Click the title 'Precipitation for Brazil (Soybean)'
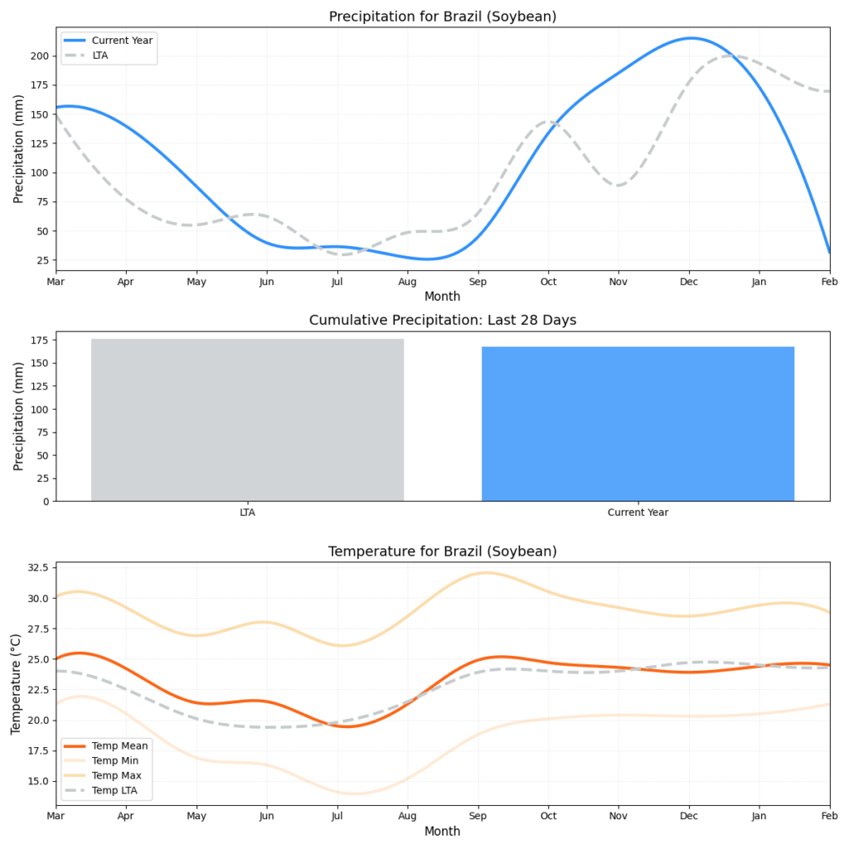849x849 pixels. click(x=442, y=17)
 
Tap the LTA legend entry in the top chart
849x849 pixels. click(x=99, y=55)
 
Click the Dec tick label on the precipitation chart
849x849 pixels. click(x=688, y=283)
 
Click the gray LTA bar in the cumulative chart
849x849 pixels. click(x=247, y=420)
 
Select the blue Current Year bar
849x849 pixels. click(x=638, y=424)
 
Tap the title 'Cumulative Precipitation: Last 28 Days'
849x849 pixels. click(x=442, y=320)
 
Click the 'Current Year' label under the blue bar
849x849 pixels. click(x=638, y=512)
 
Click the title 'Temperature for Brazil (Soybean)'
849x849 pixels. click(x=442, y=551)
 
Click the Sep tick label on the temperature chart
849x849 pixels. click(x=478, y=817)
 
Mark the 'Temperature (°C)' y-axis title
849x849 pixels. click(x=16, y=683)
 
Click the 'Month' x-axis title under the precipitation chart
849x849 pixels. click(x=442, y=296)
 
